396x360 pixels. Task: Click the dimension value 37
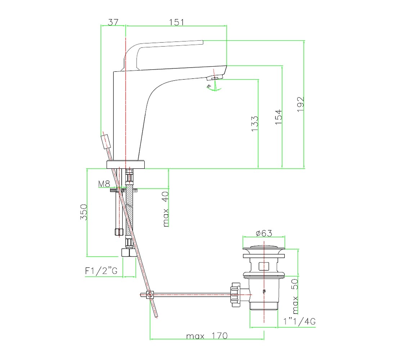[113, 22]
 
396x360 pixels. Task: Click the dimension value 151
[176, 22]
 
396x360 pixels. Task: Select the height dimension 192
[301, 104]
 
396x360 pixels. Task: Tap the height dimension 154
[278, 117]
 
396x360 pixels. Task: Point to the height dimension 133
[255, 123]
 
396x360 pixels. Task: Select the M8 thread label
[104, 184]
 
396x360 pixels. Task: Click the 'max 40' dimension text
[166, 209]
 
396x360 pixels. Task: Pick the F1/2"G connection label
[101, 271]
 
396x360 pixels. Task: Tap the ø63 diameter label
[264, 233]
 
